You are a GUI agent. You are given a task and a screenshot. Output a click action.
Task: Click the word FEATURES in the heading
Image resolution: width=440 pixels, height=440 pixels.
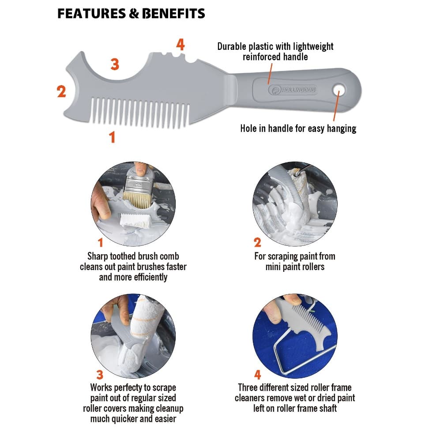coord(92,14)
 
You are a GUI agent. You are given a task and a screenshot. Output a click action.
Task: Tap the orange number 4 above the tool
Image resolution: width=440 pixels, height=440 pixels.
coord(181,44)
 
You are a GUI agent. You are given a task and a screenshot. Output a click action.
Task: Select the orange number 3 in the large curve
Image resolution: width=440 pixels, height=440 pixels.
coord(115,64)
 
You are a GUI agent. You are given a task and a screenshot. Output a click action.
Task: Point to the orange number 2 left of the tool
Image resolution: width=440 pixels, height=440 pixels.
coord(61,91)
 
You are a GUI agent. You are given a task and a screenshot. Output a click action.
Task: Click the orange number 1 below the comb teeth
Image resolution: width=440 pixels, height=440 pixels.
coord(112,137)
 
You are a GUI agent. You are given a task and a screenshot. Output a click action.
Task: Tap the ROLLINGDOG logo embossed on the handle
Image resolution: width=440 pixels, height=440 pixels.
coord(293,90)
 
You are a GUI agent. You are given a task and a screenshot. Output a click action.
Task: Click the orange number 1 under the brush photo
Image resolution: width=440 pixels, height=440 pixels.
coord(100,242)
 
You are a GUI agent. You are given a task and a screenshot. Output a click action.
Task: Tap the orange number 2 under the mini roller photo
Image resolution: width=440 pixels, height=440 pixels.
coord(257,242)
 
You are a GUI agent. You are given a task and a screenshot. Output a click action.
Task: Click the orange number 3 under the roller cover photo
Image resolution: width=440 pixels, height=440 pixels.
coord(100,375)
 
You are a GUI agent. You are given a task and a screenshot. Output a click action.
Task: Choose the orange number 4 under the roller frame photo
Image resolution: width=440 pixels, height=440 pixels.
coord(258,375)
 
